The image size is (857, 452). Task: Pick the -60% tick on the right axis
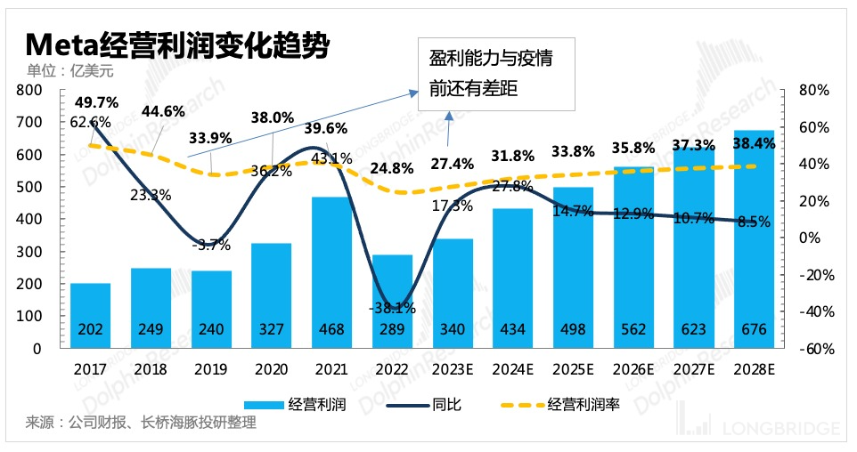coord(815,349)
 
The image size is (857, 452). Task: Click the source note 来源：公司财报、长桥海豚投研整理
coord(141,423)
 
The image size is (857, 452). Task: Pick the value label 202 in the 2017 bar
coord(90,328)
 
